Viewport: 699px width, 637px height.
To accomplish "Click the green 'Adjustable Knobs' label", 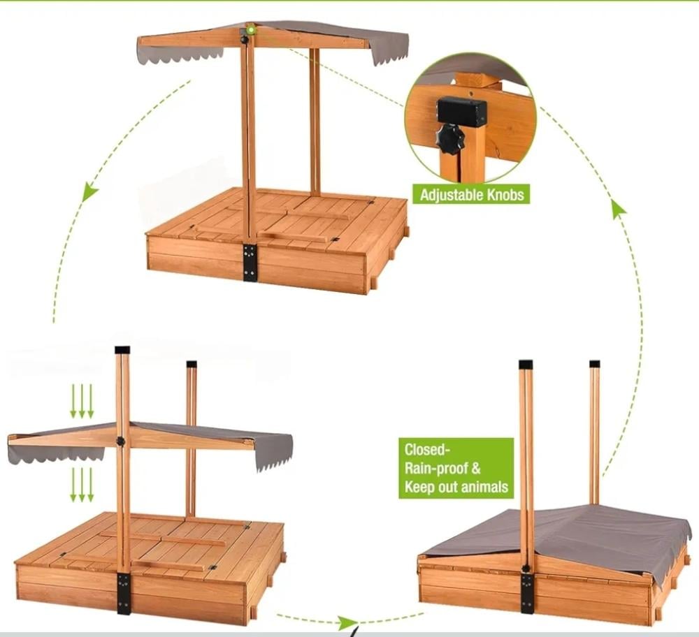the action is (471, 194).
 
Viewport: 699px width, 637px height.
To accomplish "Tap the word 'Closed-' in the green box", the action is (425, 450).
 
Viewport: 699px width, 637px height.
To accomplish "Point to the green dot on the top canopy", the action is (252, 30).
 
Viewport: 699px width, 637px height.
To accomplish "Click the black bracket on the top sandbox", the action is (250, 263).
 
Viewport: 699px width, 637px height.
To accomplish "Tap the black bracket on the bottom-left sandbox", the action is (124, 594).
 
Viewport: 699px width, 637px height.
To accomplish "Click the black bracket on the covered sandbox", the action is (527, 593).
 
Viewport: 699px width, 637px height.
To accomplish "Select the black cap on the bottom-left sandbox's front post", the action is (122, 350).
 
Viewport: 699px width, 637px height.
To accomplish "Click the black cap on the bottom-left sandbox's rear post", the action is (192, 364).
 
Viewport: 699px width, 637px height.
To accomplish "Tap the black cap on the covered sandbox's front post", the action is (526, 365).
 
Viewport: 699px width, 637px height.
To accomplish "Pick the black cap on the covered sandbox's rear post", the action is (595, 364).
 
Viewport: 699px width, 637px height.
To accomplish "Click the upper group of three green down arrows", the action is (82, 402).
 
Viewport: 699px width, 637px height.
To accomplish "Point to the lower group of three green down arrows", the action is (82, 485).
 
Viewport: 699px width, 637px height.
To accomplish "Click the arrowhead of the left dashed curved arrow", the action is (89, 191).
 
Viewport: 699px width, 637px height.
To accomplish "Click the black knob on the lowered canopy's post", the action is (120, 441).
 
